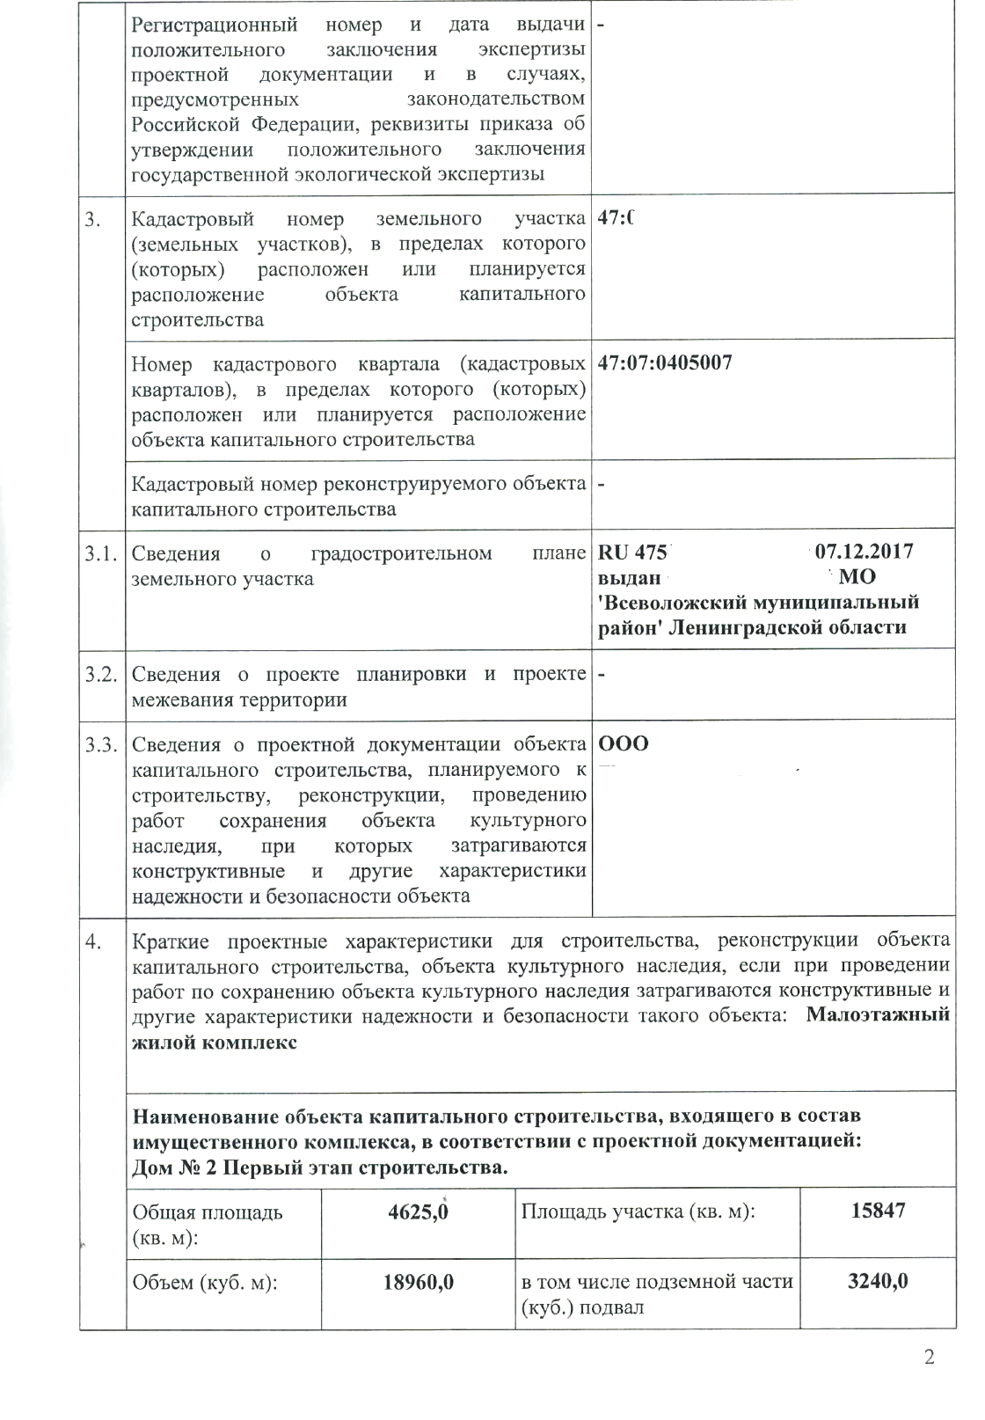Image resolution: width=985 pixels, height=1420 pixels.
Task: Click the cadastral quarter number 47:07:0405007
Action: [x=665, y=362]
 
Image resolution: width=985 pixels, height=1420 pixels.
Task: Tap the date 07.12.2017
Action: [x=865, y=552]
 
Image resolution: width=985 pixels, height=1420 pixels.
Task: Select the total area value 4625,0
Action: [x=419, y=1211]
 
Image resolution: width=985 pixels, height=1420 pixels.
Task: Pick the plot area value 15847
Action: [x=878, y=1211]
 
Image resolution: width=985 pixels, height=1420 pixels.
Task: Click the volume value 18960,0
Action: [x=419, y=1281]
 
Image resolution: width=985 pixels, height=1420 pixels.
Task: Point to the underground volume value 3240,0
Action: [x=878, y=1281]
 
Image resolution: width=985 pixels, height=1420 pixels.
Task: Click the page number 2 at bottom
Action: [x=929, y=1380]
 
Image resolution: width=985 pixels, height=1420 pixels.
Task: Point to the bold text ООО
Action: [x=624, y=744]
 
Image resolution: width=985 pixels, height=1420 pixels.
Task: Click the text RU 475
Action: [x=632, y=553]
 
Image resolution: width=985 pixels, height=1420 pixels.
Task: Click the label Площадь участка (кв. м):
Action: [x=639, y=1211]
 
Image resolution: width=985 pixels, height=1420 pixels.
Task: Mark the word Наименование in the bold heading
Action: [x=206, y=1116]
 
